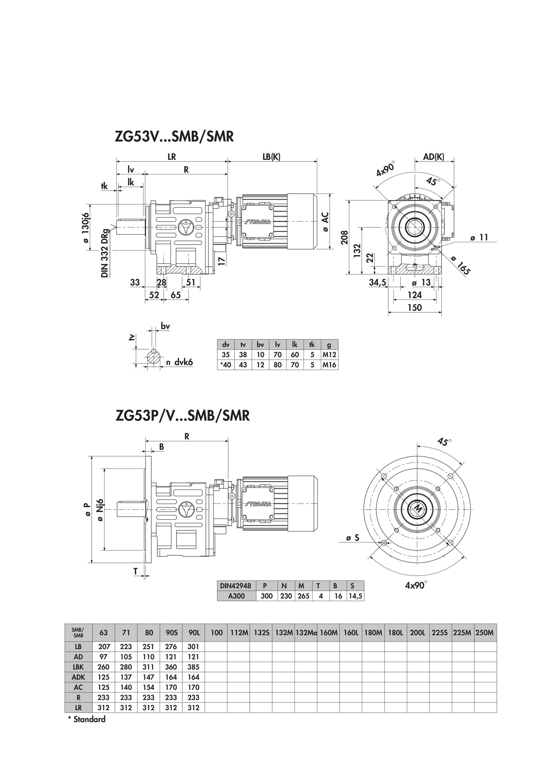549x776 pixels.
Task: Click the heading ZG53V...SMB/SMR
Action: click(175, 136)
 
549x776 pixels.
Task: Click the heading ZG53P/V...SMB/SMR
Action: click(183, 415)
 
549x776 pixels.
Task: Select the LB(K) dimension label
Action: click(271, 156)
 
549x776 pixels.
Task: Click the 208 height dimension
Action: click(344, 238)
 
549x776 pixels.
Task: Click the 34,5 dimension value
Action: click(378, 282)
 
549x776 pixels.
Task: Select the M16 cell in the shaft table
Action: click(329, 365)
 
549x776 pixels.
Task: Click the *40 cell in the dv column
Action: click(225, 365)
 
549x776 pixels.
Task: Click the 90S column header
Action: click(171, 632)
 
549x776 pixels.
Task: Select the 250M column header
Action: click(485, 632)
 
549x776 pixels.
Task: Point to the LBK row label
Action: click(78, 667)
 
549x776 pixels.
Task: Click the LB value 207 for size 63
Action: click(104, 647)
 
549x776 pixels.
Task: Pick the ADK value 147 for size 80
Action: click(149, 677)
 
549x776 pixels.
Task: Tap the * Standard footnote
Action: click(87, 719)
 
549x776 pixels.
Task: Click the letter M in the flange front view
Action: click(418, 509)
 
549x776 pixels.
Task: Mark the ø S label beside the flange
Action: click(353, 538)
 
